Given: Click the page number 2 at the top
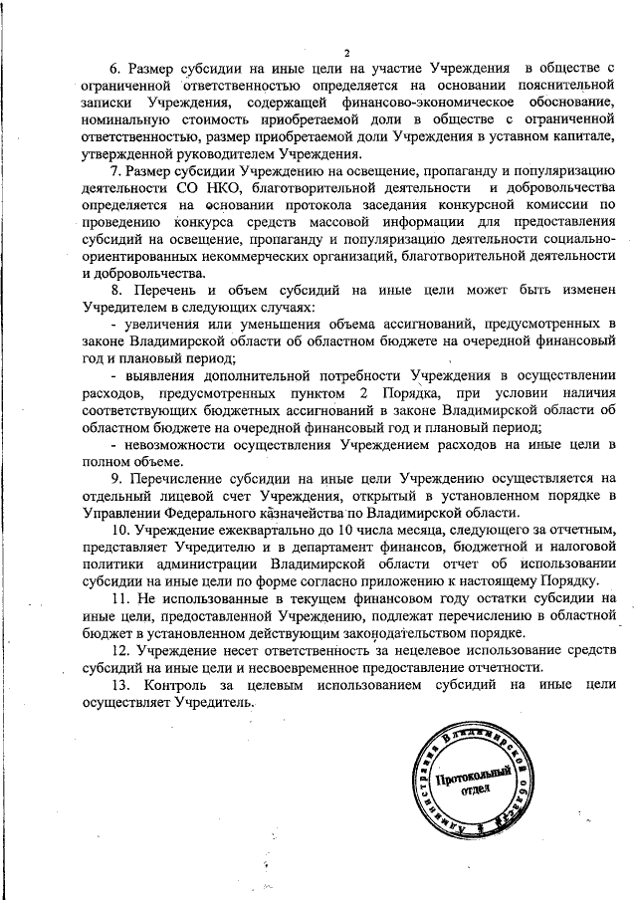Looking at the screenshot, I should pyautogui.click(x=344, y=52).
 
